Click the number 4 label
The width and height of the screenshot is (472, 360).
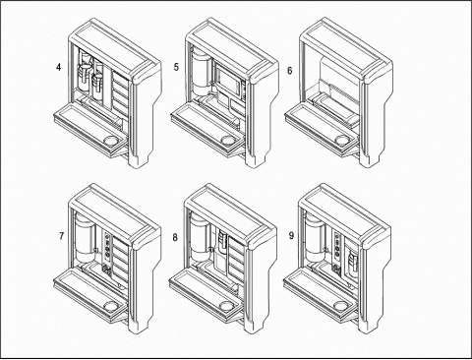click(x=59, y=67)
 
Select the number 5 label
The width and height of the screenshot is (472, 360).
click(x=176, y=67)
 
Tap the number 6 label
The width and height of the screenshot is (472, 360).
click(x=290, y=71)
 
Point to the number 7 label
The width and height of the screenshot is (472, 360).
click(x=61, y=236)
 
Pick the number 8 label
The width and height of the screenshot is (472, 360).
click(x=175, y=237)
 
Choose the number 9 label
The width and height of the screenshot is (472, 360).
click(x=291, y=236)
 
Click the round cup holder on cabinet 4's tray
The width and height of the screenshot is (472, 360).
click(x=111, y=141)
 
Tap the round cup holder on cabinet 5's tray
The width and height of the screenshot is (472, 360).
click(x=227, y=140)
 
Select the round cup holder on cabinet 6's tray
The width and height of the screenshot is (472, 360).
click(x=342, y=140)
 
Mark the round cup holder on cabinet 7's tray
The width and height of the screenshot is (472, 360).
click(x=111, y=306)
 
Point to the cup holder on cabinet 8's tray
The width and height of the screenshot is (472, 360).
click(x=227, y=306)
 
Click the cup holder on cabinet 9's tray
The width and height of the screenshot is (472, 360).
click(x=341, y=306)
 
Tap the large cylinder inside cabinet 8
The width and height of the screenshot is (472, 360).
click(x=200, y=237)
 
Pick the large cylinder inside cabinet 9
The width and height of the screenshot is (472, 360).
click(x=315, y=236)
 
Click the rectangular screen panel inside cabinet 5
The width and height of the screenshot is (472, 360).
click(x=228, y=79)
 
